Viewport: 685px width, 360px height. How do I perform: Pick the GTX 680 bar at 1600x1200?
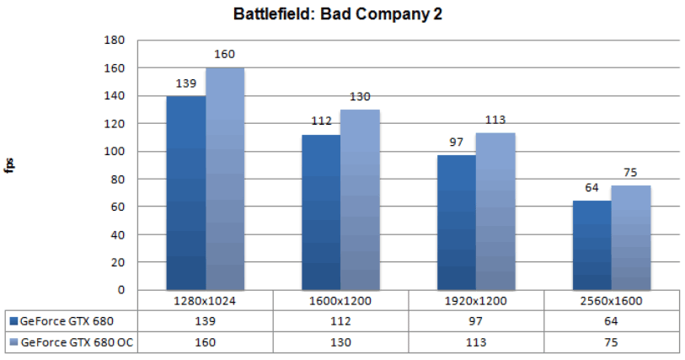coord(322,212)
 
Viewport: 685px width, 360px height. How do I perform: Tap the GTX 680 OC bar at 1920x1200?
coord(495,211)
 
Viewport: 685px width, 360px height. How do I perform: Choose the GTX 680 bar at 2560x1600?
coord(592,244)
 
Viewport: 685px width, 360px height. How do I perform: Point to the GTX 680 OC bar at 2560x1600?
coord(631,238)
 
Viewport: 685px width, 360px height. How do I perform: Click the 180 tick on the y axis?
coord(114,40)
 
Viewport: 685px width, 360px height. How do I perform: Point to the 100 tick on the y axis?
coord(114,152)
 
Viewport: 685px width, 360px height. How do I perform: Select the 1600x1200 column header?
coord(341,300)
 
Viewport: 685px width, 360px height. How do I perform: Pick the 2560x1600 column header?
coord(612,300)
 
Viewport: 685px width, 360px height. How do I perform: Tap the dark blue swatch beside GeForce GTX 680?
coord(13,320)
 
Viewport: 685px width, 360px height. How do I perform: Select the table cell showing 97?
coord(477,320)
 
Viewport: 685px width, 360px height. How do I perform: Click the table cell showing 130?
coord(341,342)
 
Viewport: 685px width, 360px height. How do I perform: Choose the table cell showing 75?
coord(612,342)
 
